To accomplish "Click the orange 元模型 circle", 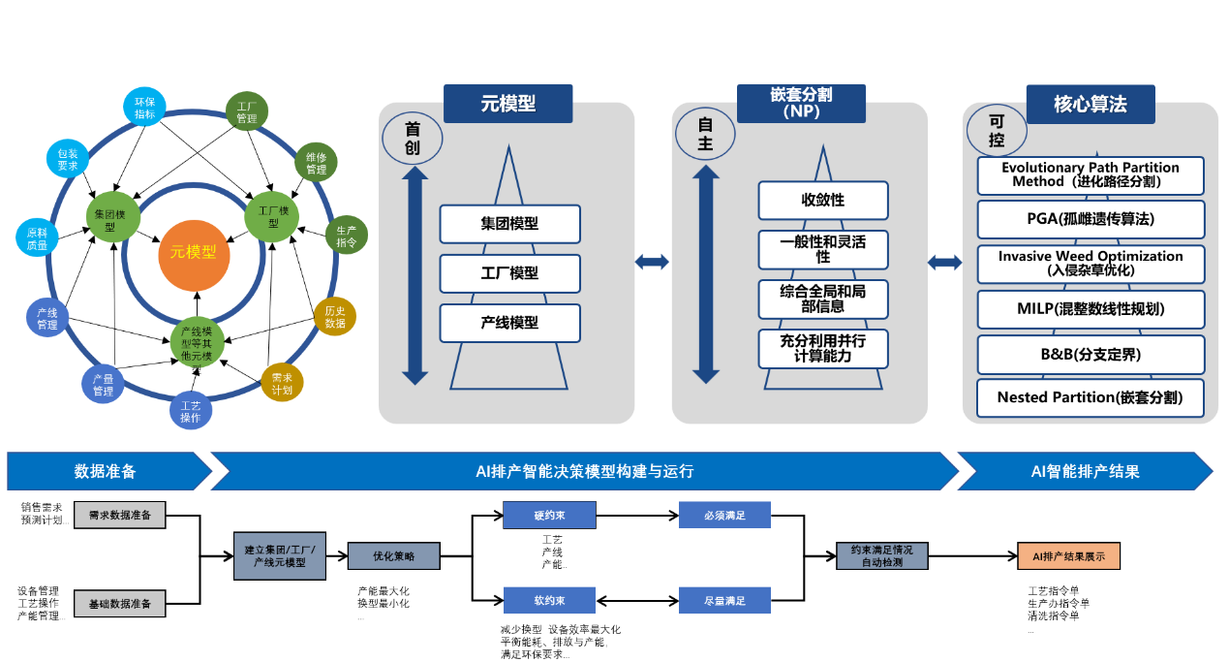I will [194, 253].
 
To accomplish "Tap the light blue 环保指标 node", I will [144, 108].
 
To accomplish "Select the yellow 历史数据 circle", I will [335, 316].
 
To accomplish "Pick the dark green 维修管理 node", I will [316, 163].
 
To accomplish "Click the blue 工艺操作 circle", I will [191, 411].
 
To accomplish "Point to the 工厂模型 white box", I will [509, 273].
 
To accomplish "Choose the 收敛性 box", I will [822, 200].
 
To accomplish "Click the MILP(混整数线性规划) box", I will [1091, 309].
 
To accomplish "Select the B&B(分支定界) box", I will [1091, 354].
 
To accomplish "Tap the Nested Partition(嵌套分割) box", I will [1091, 397].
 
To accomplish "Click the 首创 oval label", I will [413, 138].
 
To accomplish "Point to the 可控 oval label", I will [997, 131].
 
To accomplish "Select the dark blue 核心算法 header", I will [1091, 104].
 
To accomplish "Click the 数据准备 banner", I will [106, 471].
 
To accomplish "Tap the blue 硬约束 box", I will [548, 515].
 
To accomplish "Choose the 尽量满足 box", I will [724, 600].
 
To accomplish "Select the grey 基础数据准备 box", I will [120, 603].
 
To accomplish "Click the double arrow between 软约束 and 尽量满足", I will [636, 600].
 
